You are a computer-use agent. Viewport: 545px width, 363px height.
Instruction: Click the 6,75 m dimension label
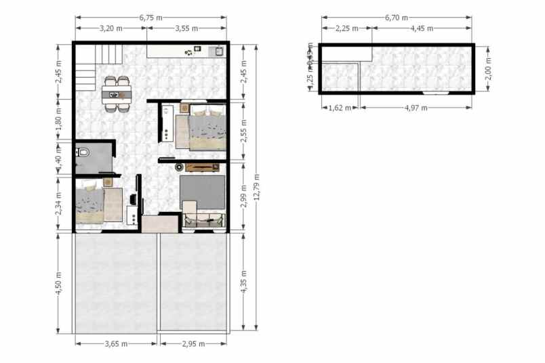point(150,18)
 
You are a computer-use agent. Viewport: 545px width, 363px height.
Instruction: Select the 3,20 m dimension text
point(110,28)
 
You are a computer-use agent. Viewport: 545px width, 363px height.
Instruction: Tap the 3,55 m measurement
point(186,28)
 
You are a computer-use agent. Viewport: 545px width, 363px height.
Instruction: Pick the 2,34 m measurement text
point(59,202)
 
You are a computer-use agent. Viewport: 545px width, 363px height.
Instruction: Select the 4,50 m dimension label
point(59,282)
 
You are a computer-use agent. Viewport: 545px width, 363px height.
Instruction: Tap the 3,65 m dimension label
point(117,344)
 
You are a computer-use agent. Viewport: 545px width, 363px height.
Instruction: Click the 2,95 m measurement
point(193,344)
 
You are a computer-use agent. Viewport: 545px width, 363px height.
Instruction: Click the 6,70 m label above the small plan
point(397,18)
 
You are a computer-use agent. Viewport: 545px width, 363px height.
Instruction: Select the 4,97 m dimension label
point(416,107)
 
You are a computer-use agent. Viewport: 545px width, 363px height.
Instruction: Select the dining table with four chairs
point(117,93)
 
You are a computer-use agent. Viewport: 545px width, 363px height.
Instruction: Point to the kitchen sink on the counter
point(218,51)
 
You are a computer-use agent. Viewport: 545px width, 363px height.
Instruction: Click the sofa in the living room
point(204,218)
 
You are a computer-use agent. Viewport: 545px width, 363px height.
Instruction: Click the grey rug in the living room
point(203,191)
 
